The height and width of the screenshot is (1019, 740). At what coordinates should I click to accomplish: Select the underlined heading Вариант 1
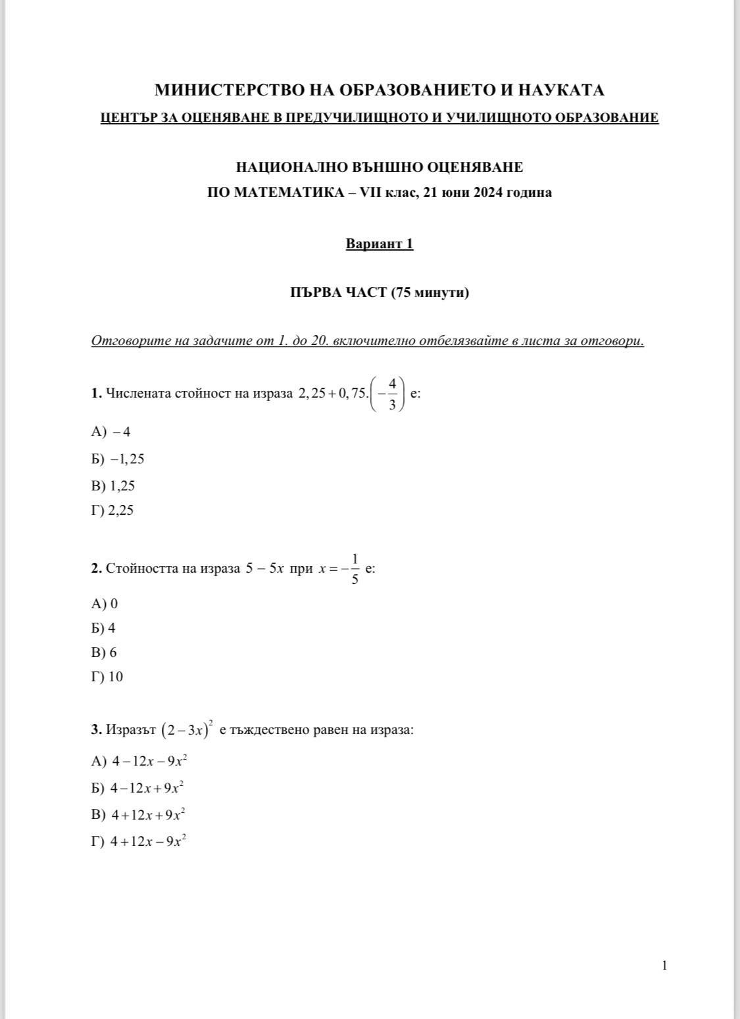[x=380, y=244]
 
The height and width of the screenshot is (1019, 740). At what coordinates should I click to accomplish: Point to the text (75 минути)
[x=430, y=292]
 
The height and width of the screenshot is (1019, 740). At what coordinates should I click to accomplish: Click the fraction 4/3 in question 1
[x=392, y=394]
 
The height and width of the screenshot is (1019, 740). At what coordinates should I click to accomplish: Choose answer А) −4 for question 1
[x=111, y=432]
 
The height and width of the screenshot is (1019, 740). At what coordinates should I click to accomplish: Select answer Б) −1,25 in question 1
[x=118, y=459]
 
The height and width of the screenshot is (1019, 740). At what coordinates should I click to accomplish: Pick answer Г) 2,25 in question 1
[x=112, y=510]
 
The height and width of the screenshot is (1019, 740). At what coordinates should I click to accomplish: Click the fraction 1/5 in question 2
[x=355, y=569]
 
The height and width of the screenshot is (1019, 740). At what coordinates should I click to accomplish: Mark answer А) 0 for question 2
[x=105, y=604]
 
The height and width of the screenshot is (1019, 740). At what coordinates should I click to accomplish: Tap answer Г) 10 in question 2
[x=107, y=677]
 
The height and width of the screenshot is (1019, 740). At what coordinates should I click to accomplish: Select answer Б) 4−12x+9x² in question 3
[x=138, y=788]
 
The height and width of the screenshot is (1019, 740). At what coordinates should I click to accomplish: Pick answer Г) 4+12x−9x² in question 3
[x=139, y=841]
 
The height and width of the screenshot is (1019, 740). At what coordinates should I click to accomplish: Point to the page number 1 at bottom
[x=664, y=966]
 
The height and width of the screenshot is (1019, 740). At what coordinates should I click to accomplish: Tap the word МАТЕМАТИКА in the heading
[x=281, y=193]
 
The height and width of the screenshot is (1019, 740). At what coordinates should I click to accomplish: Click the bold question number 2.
[x=96, y=568]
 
